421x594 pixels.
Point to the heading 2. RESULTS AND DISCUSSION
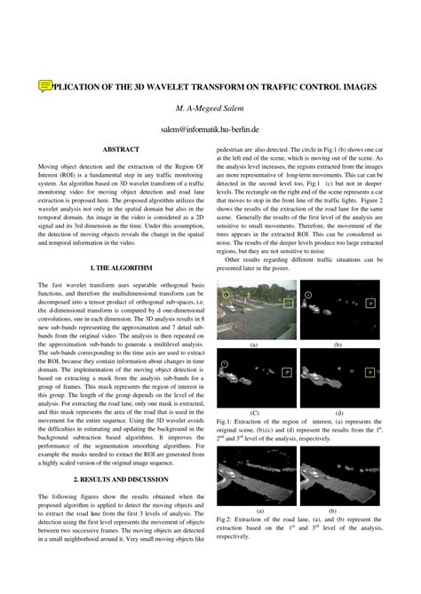(x=121, y=479)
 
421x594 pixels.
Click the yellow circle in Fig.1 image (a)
(x=226, y=294)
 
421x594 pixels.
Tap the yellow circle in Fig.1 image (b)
(x=308, y=294)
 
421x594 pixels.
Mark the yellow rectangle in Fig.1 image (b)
(x=369, y=305)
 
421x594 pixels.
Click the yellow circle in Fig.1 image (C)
(x=226, y=364)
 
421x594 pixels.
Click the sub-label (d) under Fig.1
(x=338, y=413)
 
